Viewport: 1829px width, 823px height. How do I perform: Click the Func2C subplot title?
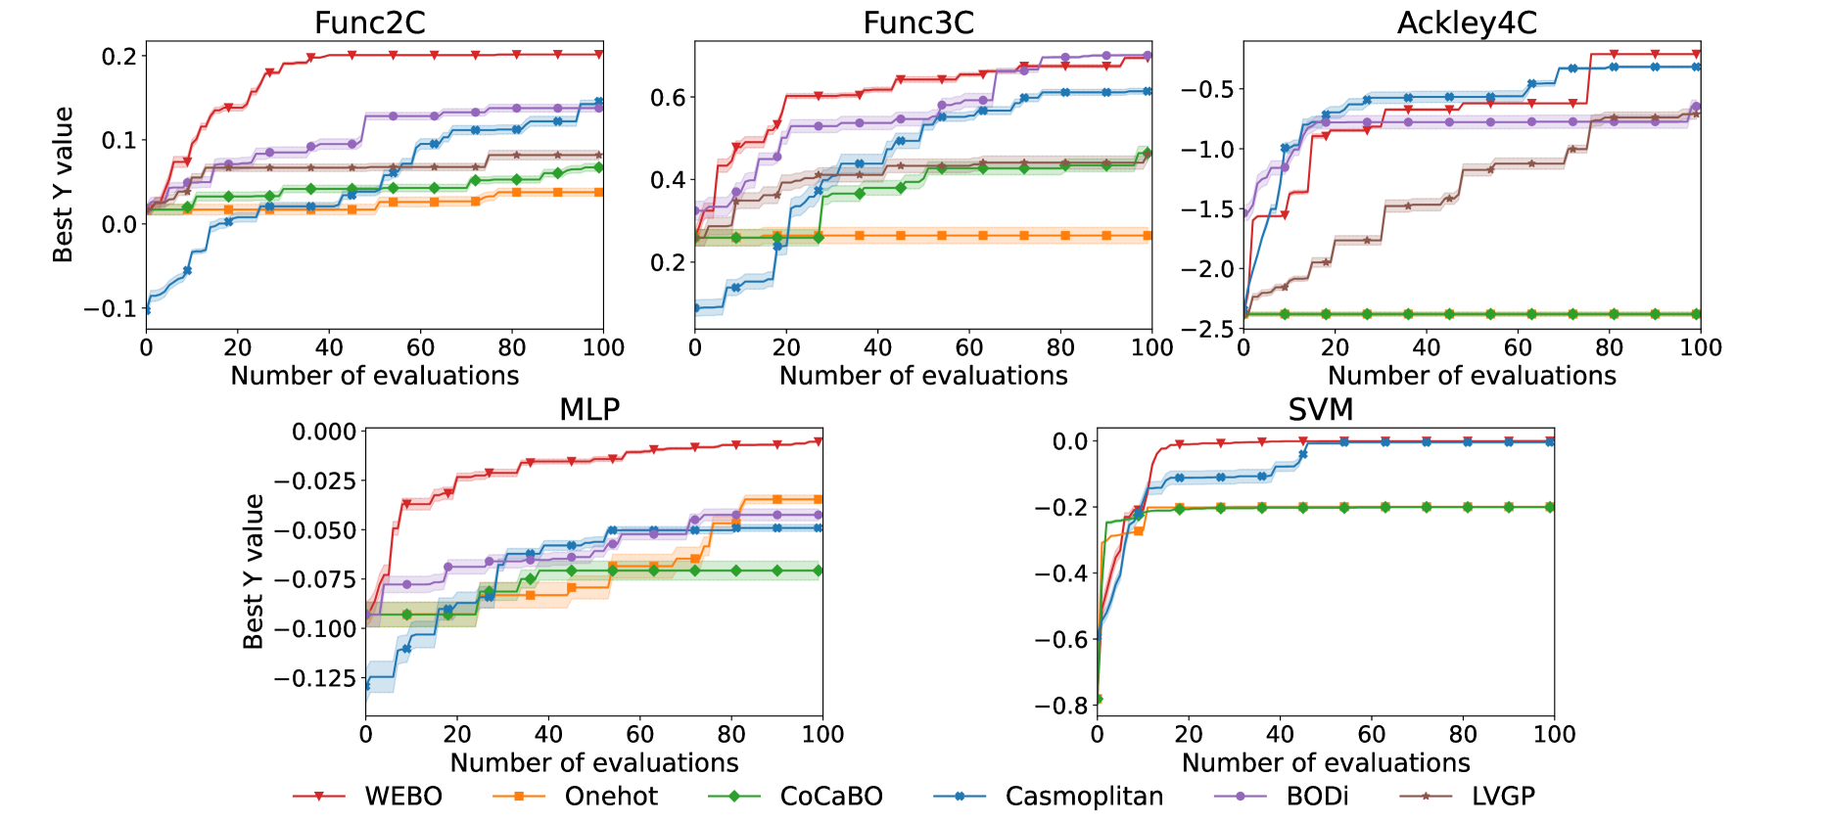(370, 23)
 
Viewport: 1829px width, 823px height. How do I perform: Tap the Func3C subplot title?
(918, 23)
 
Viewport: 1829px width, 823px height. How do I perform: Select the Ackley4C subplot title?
(1467, 23)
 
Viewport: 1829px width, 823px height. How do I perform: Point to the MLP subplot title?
(589, 409)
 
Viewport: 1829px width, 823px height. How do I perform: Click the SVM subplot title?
(1321, 409)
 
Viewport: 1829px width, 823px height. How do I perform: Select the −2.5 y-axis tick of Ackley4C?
(1210, 329)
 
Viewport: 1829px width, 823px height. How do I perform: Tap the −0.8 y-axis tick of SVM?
(1060, 706)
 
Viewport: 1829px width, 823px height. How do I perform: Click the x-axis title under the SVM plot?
(1326, 762)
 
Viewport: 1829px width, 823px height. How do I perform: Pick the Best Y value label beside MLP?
(254, 572)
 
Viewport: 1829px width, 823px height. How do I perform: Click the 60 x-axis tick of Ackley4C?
(1518, 347)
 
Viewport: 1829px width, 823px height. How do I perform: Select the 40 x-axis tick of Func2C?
(329, 347)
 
